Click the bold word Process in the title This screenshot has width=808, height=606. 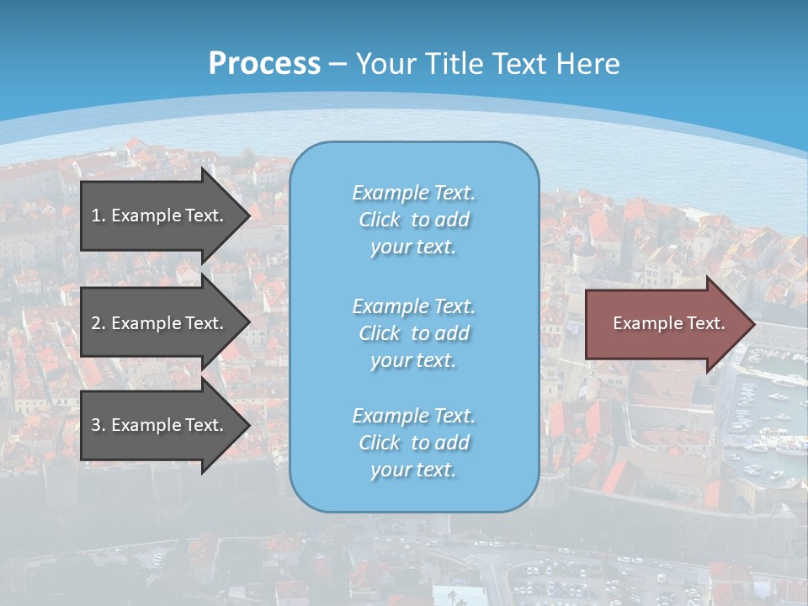point(264,64)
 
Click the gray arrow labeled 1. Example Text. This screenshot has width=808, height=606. point(160,215)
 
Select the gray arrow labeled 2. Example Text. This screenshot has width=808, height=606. point(160,323)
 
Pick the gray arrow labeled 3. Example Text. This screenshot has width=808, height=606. point(160,425)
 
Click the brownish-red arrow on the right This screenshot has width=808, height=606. point(665,324)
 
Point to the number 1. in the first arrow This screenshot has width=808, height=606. point(98,215)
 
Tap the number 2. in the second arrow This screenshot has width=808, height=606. point(98,323)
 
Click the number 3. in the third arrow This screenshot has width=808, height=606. point(98,425)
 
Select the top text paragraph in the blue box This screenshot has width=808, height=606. point(413,220)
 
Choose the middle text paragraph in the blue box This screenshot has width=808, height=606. point(413,333)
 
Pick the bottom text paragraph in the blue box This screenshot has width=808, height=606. point(413,443)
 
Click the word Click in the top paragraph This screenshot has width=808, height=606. point(379,220)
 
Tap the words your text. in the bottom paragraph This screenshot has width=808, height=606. point(413,470)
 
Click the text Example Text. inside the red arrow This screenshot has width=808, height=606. point(668,323)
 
